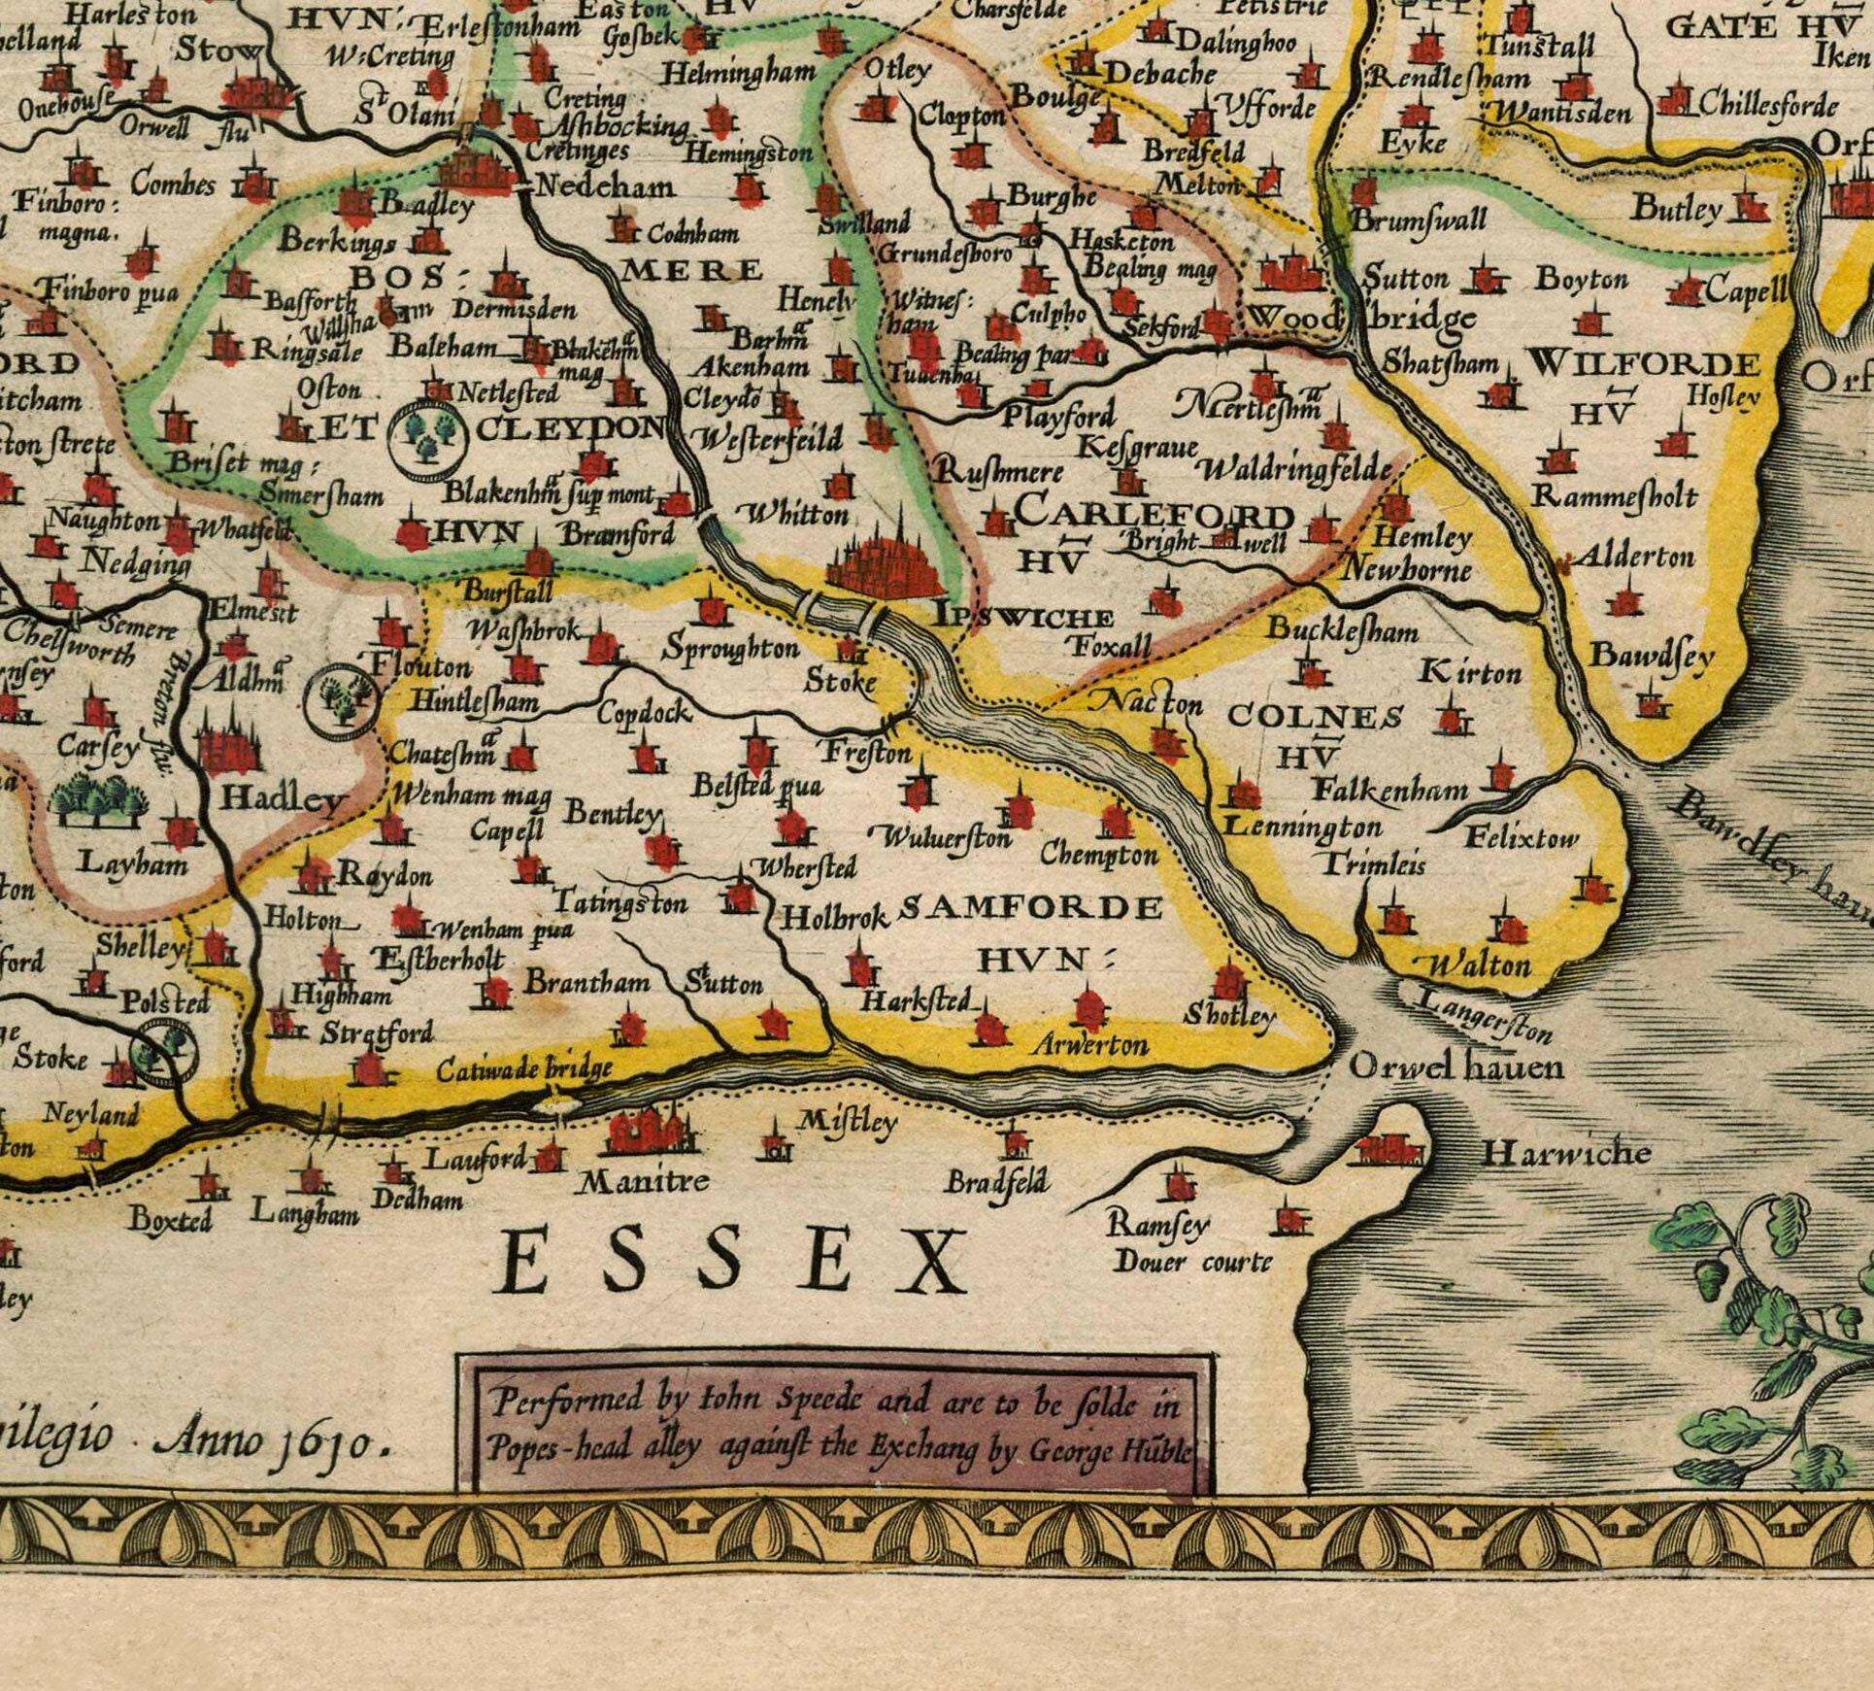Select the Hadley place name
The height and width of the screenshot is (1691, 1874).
tap(283, 798)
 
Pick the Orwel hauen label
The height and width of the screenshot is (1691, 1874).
tap(1456, 1067)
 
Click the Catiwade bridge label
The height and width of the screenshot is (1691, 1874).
tap(524, 1069)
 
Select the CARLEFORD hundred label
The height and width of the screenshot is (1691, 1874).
tap(1155, 512)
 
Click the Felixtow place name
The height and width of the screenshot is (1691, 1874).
tap(1522, 836)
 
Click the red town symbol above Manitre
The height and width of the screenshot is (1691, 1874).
tap(646, 1132)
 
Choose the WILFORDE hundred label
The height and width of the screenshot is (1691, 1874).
tap(1642, 365)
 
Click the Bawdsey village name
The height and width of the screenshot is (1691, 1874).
tap(1651, 657)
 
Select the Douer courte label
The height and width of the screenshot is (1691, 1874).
tap(1192, 1262)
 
